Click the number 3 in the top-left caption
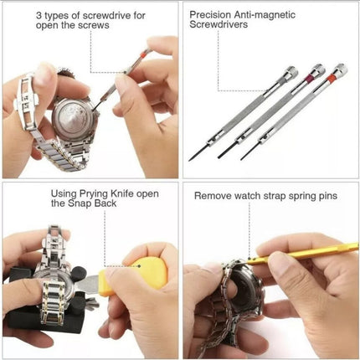[x=39, y=14]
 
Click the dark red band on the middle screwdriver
[x=312, y=83]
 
